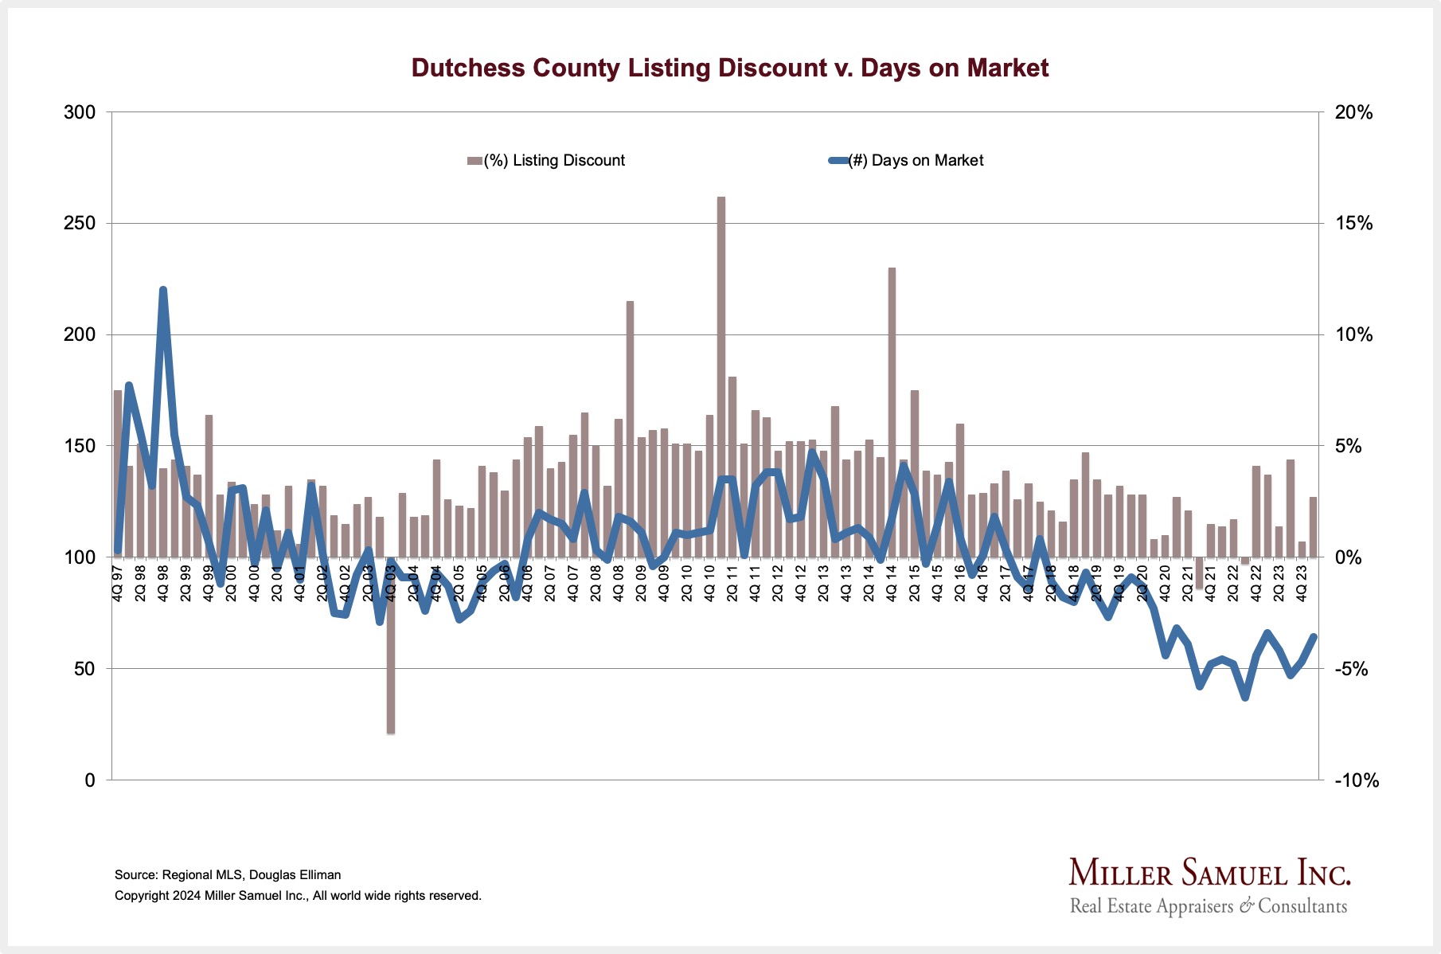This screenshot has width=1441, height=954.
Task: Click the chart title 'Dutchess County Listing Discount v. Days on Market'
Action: [x=729, y=68]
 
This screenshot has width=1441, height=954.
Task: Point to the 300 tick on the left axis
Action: [x=80, y=112]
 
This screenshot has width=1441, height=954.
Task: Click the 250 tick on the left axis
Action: [x=80, y=224]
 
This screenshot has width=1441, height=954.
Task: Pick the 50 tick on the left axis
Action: [x=84, y=669]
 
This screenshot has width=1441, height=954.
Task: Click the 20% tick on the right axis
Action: [x=1353, y=112]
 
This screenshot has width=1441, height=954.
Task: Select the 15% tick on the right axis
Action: [x=1353, y=224]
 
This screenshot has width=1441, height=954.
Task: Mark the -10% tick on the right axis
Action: [x=1356, y=780]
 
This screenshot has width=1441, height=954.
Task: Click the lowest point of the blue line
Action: [x=1245, y=698]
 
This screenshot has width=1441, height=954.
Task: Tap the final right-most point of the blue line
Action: [x=1314, y=636]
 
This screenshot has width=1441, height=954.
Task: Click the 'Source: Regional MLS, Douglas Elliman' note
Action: [x=228, y=874]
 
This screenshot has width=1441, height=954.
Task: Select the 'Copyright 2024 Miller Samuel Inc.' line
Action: [x=298, y=895]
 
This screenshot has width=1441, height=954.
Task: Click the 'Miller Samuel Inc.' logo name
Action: [x=1209, y=873]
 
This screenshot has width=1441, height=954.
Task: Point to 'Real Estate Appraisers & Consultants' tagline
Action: [x=1209, y=906]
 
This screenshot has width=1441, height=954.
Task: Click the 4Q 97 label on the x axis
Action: [x=118, y=583]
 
